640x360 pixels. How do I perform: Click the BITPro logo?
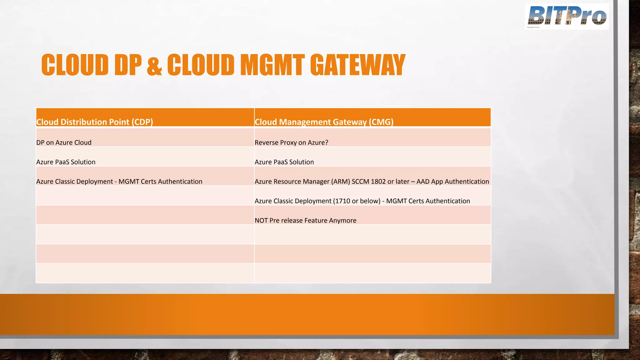[x=567, y=16]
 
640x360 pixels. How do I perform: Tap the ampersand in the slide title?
[x=154, y=66]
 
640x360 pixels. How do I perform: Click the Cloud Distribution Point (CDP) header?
[x=94, y=122]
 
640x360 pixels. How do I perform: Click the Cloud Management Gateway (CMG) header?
[x=324, y=122]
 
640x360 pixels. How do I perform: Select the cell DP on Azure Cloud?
[x=64, y=142]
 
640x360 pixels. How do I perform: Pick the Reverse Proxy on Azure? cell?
[x=291, y=142]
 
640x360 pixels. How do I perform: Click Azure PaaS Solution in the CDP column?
[x=66, y=162]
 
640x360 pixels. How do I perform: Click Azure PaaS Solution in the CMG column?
[x=284, y=162]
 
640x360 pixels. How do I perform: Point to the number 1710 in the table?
[x=342, y=201]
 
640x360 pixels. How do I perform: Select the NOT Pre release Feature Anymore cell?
[x=305, y=220]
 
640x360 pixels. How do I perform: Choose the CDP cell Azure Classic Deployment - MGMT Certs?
[x=119, y=182]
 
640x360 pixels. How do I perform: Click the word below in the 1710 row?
[x=371, y=201]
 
